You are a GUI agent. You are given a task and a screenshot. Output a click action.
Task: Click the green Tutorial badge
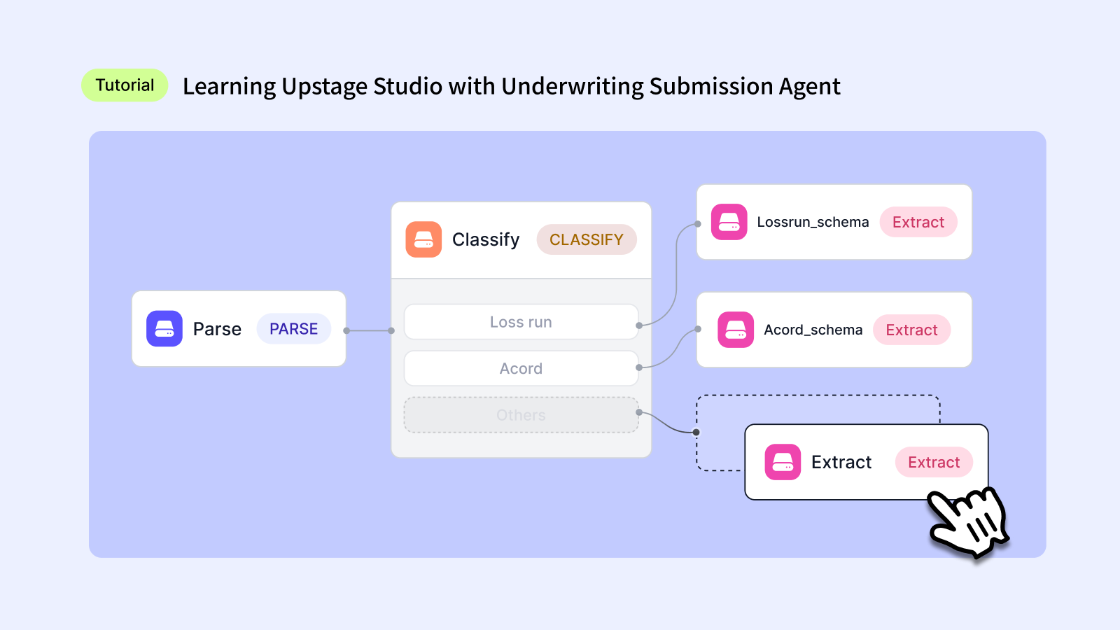pyautogui.click(x=125, y=85)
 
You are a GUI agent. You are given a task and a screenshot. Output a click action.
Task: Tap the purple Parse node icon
pyautogui.click(x=164, y=329)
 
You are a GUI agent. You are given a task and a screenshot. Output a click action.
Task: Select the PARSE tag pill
pyautogui.click(x=294, y=329)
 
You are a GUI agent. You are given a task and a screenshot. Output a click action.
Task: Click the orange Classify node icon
pyautogui.click(x=423, y=239)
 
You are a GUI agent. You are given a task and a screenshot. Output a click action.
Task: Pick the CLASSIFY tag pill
pyautogui.click(x=587, y=239)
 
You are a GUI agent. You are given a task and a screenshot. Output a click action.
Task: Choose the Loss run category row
pyautogui.click(x=521, y=322)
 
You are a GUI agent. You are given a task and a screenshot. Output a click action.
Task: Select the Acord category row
pyautogui.click(x=521, y=368)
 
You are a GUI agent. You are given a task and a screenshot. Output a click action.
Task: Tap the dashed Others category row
pyautogui.click(x=521, y=415)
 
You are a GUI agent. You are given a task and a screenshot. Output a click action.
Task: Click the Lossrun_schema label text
pyautogui.click(x=813, y=222)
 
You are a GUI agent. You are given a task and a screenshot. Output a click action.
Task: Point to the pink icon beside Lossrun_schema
pyautogui.click(x=729, y=222)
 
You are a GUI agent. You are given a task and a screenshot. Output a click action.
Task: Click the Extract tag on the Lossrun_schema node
pyautogui.click(x=918, y=222)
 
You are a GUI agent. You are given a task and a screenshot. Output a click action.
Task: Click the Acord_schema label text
pyautogui.click(x=813, y=330)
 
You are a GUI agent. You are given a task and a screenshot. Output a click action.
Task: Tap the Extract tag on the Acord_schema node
pyautogui.click(x=911, y=330)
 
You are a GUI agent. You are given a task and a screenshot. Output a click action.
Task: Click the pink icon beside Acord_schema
pyautogui.click(x=736, y=330)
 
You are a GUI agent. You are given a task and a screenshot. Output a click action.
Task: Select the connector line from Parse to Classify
pyautogui.click(x=369, y=330)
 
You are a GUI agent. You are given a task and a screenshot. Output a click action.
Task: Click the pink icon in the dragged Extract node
pyautogui.click(x=783, y=462)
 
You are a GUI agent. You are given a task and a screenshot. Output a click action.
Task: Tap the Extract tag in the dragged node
pyautogui.click(x=934, y=462)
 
